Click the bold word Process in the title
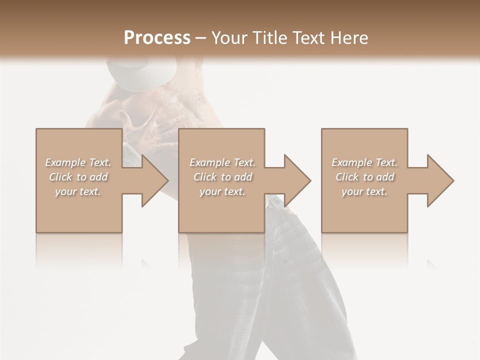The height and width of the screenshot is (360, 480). pyautogui.click(x=157, y=37)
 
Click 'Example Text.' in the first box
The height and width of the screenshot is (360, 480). pyautogui.click(x=78, y=162)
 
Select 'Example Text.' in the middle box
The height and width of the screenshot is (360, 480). pyautogui.click(x=222, y=162)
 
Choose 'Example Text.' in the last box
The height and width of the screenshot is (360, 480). pyautogui.click(x=364, y=162)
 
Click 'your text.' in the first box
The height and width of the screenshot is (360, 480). pyautogui.click(x=78, y=191)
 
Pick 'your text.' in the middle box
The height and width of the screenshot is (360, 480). pyautogui.click(x=222, y=191)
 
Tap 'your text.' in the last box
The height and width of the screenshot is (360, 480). pyautogui.click(x=364, y=191)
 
